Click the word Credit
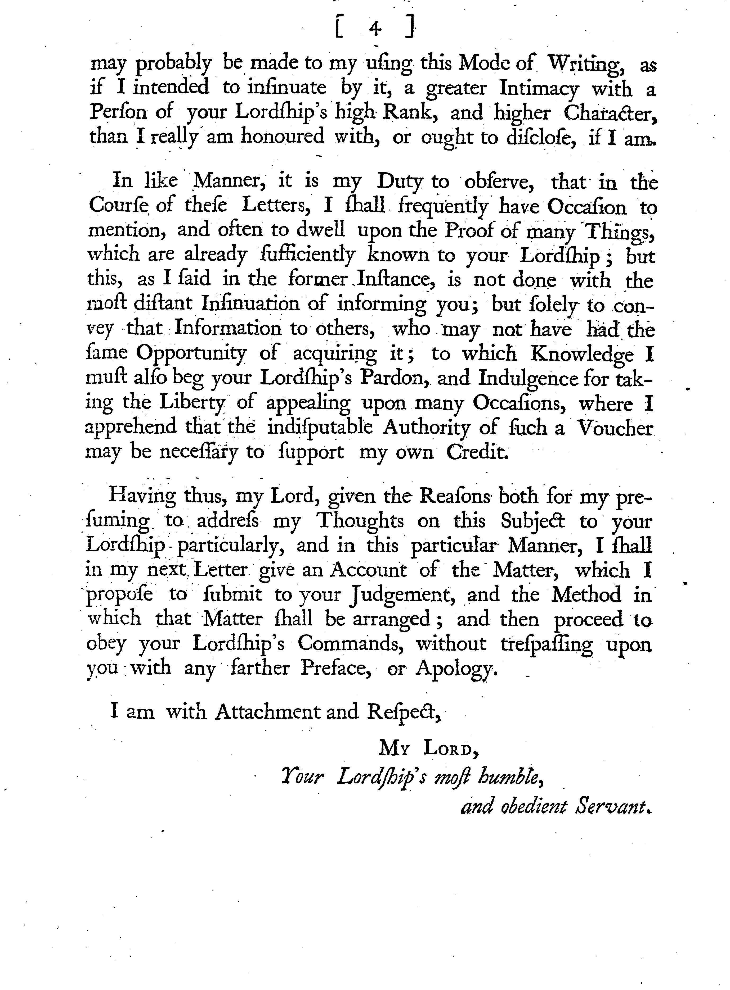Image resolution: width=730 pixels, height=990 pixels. [477, 452]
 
